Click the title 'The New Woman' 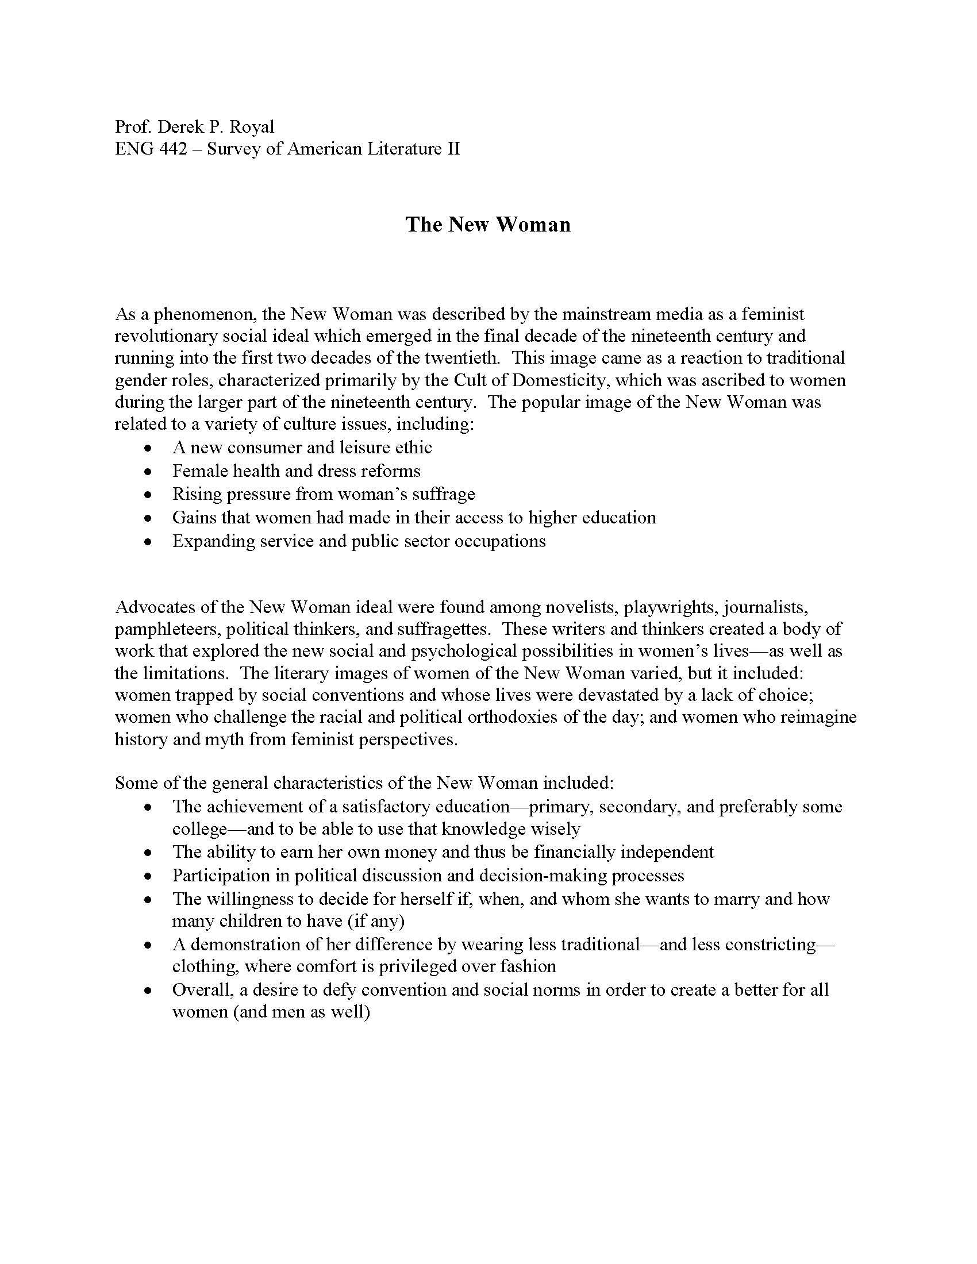(x=488, y=225)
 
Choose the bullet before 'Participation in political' (x=149, y=877)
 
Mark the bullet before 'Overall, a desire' (x=149, y=991)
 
